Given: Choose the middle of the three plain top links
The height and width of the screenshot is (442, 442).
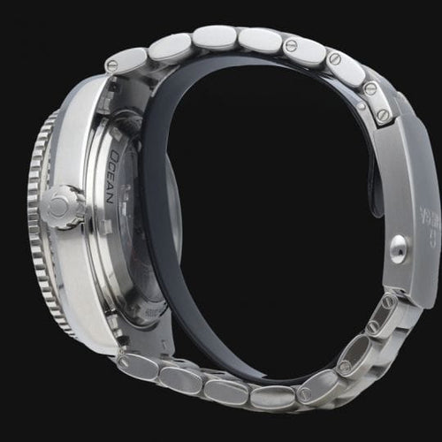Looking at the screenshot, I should click(214, 37).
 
